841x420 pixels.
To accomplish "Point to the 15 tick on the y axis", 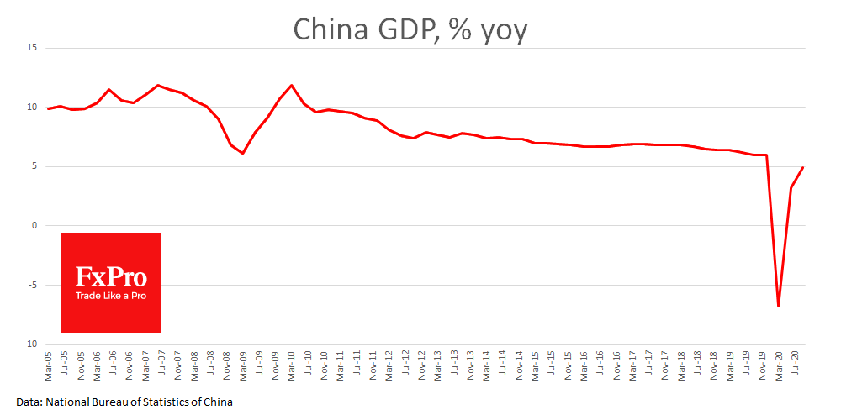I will pyautogui.click(x=32, y=48).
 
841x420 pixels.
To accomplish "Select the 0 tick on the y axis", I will pyautogui.click(x=34, y=226).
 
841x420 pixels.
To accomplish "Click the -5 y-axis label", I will pyautogui.click(x=32, y=285).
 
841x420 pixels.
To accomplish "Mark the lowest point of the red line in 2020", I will pyautogui.click(x=779, y=306).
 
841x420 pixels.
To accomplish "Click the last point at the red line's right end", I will pyautogui.click(x=803, y=167).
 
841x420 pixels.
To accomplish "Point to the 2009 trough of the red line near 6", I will pyautogui.click(x=243, y=153).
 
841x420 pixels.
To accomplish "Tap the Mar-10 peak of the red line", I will pyautogui.click(x=292, y=86).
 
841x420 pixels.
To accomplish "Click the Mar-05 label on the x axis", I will pyautogui.click(x=49, y=363).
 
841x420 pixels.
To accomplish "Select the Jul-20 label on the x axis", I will pyautogui.click(x=794, y=363).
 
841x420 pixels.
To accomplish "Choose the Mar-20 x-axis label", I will pyautogui.click(x=778, y=363).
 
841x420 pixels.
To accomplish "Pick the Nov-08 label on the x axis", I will pyautogui.click(x=227, y=363).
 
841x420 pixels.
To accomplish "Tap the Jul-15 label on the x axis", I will pyautogui.click(x=551, y=363).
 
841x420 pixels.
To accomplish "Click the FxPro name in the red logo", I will pyautogui.click(x=110, y=276).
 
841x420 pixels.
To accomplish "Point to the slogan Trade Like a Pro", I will pyautogui.click(x=110, y=296).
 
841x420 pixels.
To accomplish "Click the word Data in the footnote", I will pyautogui.click(x=28, y=402).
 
